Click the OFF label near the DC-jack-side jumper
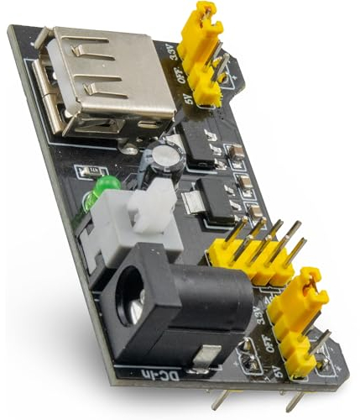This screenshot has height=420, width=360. tap(270, 342)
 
